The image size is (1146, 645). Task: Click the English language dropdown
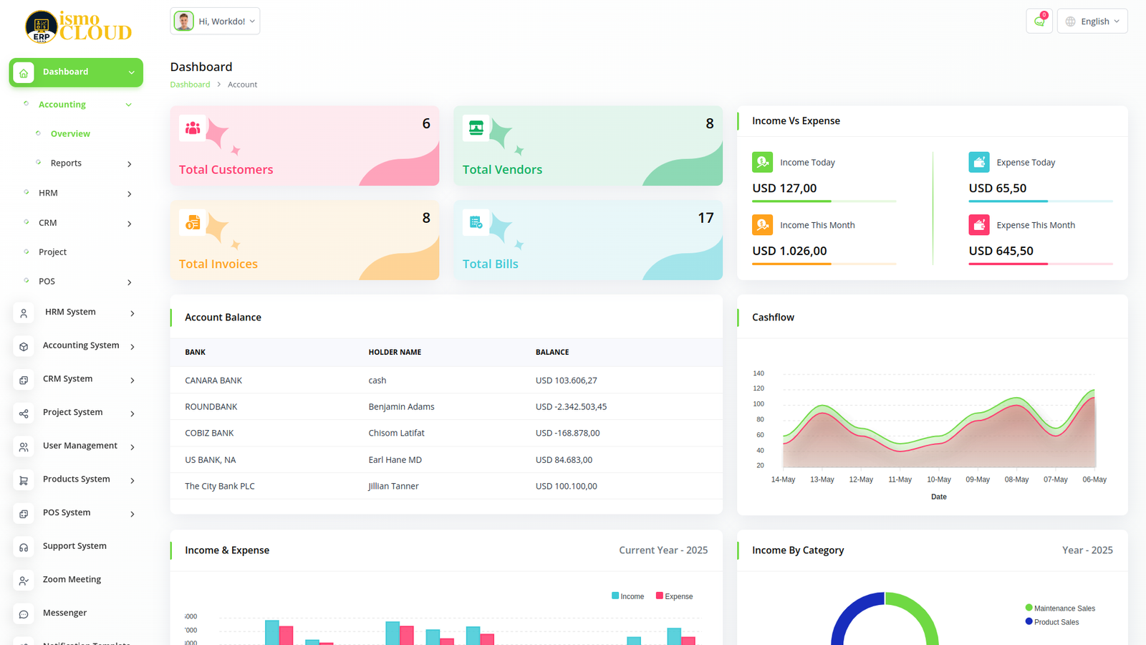pos(1092,21)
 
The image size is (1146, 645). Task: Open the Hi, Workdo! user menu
pos(215,21)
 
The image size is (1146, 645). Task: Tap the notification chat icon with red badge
pos(1039,21)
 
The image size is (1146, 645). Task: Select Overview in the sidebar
pos(70,134)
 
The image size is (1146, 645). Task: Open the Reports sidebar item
pos(66,163)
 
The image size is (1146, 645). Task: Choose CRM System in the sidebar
pos(67,379)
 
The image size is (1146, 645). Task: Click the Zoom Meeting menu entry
pos(72,580)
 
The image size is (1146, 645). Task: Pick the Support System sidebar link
pos(74,546)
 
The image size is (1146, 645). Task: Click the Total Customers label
pos(226,170)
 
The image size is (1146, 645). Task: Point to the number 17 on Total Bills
pos(706,218)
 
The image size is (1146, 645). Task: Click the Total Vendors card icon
pos(476,128)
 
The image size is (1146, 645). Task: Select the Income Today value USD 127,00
pos(784,188)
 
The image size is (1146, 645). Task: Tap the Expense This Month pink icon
pos(979,225)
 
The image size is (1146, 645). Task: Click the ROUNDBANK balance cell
pos(571,407)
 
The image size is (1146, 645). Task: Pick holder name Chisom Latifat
pos(396,434)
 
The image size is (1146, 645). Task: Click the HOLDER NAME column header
pos(395,353)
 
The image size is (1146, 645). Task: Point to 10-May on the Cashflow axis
pos(938,479)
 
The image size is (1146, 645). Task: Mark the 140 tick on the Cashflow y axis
pos(759,373)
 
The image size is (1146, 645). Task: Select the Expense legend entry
pos(678,596)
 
